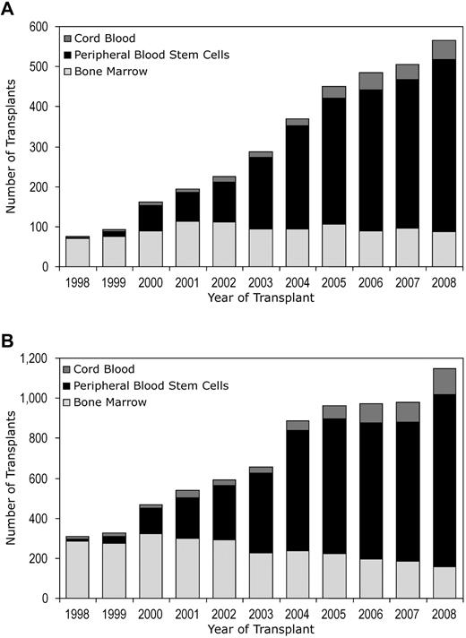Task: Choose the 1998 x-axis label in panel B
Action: (x=78, y=612)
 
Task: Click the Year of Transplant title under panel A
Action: (x=260, y=297)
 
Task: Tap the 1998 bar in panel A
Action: (x=78, y=252)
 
